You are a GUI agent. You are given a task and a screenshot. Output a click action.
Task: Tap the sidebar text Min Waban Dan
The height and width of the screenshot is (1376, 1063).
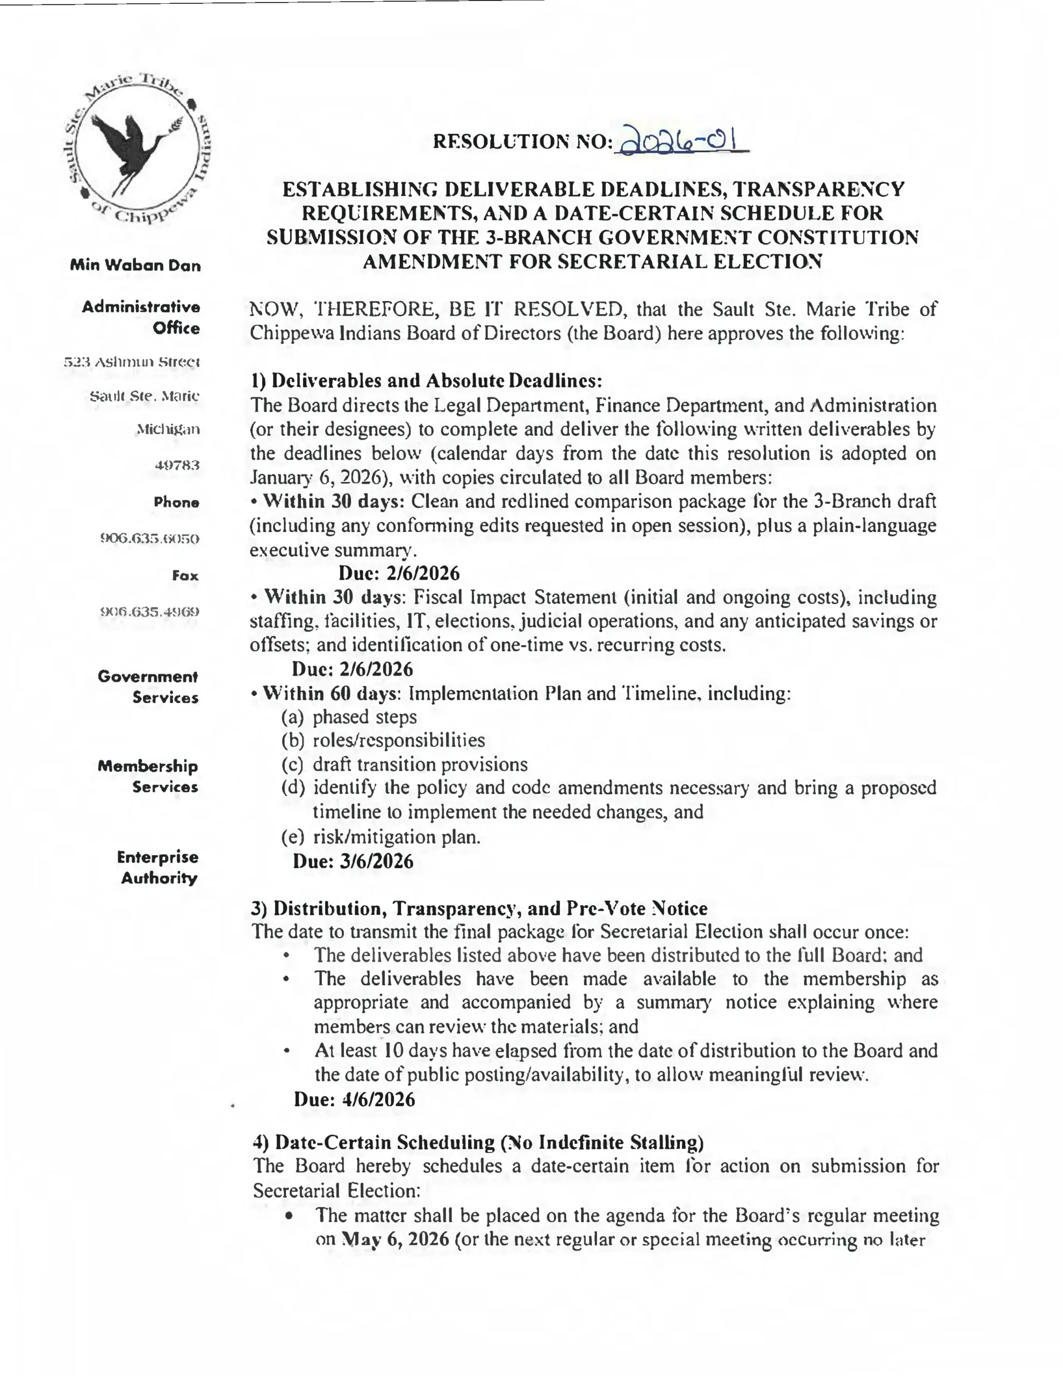[135, 265]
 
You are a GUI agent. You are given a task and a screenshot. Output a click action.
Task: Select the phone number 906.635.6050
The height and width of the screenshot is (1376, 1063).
[150, 539]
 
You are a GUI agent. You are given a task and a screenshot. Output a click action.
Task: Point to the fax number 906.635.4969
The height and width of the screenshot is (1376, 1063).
[150, 612]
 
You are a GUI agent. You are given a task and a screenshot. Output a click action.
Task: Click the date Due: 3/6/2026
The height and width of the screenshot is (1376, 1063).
[353, 861]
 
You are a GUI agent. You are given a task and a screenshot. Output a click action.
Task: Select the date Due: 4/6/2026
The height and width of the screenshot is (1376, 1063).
[354, 1099]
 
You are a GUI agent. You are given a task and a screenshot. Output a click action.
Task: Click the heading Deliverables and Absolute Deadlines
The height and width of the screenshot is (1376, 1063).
[427, 381]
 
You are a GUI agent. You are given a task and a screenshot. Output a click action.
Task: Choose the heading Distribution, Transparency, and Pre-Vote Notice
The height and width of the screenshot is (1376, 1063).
[479, 908]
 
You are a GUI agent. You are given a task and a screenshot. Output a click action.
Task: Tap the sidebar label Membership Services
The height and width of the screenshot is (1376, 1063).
[148, 777]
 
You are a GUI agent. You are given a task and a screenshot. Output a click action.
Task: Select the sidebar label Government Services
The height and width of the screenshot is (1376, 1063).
[148, 687]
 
